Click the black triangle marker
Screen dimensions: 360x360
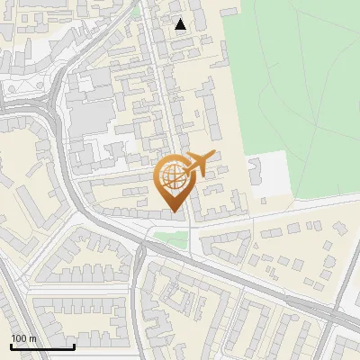pyautogui.click(x=181, y=24)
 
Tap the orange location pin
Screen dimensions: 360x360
pyautogui.click(x=175, y=183)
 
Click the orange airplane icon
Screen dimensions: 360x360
pyautogui.click(x=200, y=164)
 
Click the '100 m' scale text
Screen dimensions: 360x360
pyautogui.click(x=23, y=337)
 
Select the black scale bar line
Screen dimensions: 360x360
pyautogui.click(x=42, y=346)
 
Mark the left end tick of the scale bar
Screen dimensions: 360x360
pyautogui.click(x=11, y=346)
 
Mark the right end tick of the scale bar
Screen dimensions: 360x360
pyautogui.click(x=74, y=346)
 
